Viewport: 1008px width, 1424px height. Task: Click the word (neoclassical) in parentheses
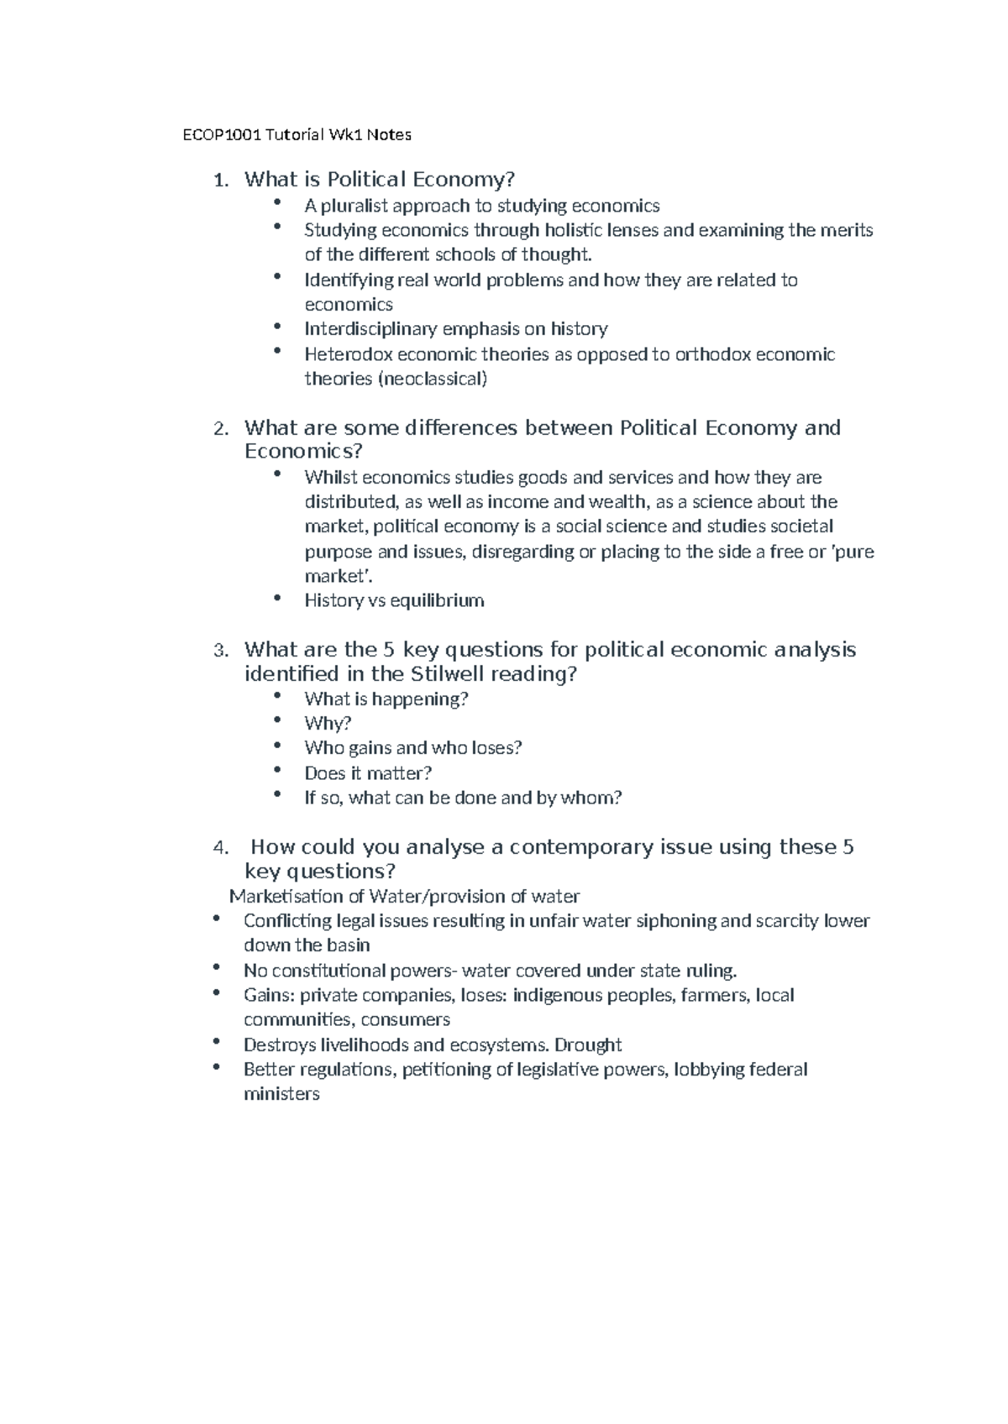(x=432, y=379)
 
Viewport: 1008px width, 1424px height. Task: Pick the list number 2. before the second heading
(x=221, y=429)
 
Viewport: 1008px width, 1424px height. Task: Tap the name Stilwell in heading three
(x=449, y=674)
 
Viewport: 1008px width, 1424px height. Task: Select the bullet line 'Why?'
(x=328, y=723)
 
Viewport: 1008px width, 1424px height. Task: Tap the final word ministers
(x=281, y=1094)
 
